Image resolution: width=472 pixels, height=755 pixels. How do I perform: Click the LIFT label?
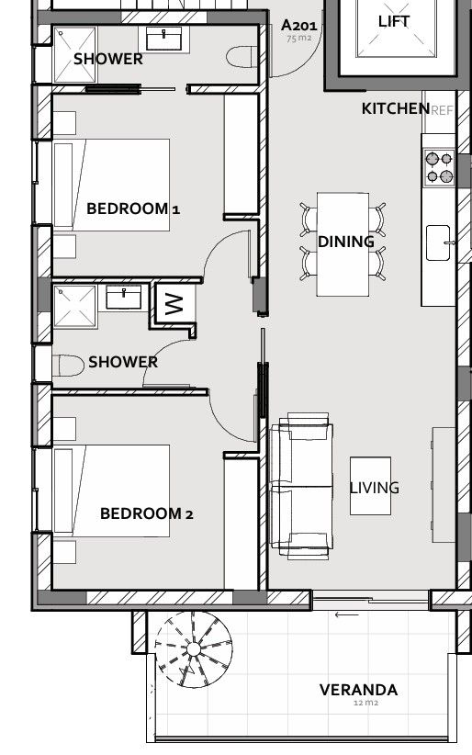point(395,21)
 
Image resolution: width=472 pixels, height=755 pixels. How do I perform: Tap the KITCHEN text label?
point(395,108)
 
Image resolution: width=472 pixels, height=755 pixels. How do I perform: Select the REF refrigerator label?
point(442,110)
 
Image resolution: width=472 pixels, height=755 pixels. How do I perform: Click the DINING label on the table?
point(345,242)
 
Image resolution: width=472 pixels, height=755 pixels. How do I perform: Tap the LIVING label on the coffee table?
point(374,488)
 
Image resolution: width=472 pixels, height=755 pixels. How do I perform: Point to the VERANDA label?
point(358,690)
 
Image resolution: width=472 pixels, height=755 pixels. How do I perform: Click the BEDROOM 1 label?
point(133,208)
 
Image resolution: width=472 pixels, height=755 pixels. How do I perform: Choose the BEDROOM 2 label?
point(146,513)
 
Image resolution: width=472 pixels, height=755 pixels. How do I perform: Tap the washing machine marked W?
point(174,303)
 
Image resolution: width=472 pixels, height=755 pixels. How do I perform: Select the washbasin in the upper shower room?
point(164,38)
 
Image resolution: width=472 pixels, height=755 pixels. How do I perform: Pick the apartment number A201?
point(298,25)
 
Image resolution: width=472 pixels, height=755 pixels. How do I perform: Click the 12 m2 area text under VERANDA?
point(365,704)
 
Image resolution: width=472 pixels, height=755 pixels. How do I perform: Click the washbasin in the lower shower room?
point(124,297)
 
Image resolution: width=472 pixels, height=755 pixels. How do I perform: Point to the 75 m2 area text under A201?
point(298,39)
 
